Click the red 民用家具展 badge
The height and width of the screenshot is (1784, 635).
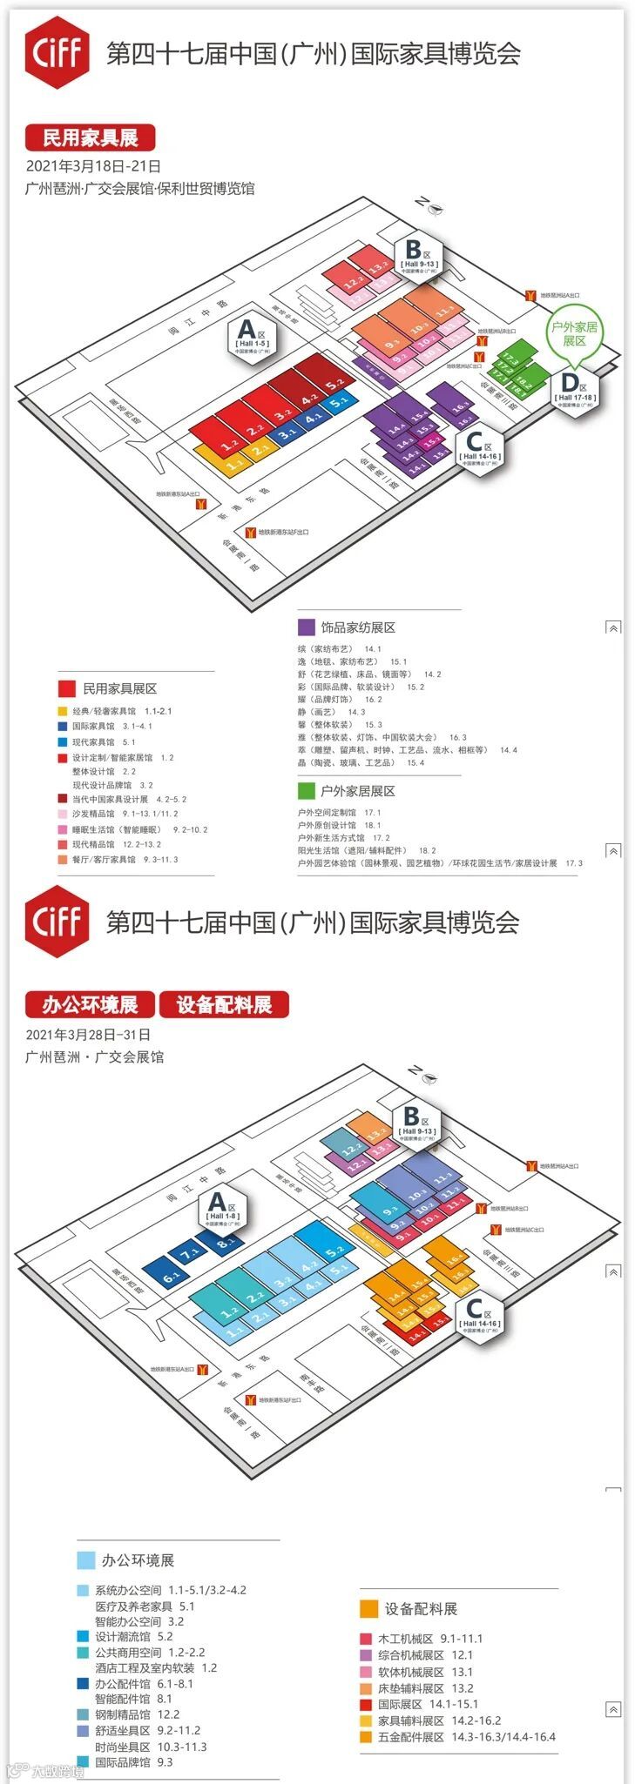click(x=91, y=137)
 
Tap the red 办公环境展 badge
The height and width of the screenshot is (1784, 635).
click(x=90, y=1005)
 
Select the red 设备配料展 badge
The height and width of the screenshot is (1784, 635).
click(x=224, y=1005)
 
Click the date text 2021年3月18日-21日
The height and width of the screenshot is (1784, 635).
click(x=93, y=166)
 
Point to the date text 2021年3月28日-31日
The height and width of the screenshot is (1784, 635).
click(x=88, y=1035)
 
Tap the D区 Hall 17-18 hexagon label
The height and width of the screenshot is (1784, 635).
click(x=574, y=389)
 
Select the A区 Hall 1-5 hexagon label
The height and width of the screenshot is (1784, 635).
click(x=252, y=335)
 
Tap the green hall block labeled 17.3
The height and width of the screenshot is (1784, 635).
click(x=510, y=360)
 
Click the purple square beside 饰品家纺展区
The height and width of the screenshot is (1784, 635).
click(x=306, y=627)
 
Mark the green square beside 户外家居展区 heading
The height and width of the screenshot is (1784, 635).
click(x=306, y=791)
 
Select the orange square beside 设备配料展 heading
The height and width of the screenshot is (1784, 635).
click(x=368, y=1608)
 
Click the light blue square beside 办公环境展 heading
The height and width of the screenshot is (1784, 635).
click(x=85, y=1560)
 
